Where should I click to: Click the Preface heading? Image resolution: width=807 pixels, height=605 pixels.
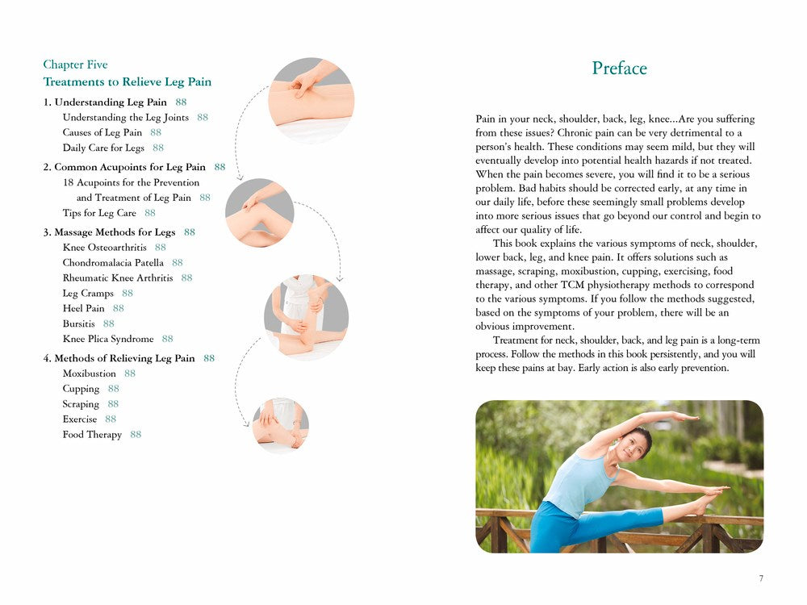click(619, 69)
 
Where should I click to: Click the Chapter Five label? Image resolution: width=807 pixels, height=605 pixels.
click(75, 65)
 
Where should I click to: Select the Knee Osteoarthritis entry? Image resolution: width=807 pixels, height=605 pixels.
click(103, 248)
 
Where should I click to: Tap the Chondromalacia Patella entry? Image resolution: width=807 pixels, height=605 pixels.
click(113, 263)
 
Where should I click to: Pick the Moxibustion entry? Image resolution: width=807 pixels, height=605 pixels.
click(90, 373)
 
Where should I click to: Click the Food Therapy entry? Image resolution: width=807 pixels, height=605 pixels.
click(92, 435)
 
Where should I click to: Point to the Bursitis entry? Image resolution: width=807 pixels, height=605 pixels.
click(79, 323)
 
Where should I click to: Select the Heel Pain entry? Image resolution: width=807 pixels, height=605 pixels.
click(84, 308)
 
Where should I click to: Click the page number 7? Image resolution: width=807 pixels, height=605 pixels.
click(761, 578)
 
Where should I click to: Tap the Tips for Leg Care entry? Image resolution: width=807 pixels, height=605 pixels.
click(99, 213)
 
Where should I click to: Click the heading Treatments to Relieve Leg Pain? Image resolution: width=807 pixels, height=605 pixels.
click(128, 82)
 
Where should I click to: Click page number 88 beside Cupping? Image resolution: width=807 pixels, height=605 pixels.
click(114, 389)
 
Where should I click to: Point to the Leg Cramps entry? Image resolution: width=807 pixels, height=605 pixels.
click(88, 294)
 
